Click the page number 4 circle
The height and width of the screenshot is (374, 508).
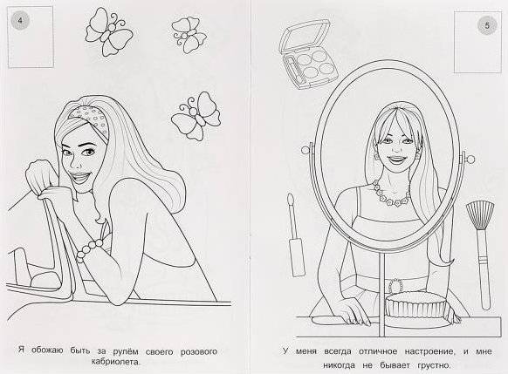pos(20,20)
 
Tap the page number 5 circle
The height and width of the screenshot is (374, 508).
pos(487,25)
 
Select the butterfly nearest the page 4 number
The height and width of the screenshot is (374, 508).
pos(109,32)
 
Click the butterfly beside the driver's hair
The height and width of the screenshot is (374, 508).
pos(196,115)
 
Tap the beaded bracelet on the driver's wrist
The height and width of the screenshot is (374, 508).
pos(89,249)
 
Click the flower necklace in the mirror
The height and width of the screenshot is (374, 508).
pos(390,194)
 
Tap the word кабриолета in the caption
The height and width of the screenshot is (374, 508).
pos(116,362)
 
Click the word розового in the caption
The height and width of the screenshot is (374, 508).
pos(199,351)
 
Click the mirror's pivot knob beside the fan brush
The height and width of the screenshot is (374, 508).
pos(470,160)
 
